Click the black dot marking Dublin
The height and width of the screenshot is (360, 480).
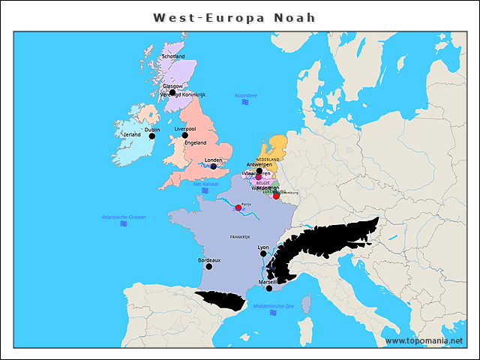(151, 136)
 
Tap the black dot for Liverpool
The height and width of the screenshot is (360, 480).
(184, 136)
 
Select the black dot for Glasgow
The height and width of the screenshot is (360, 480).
(172, 92)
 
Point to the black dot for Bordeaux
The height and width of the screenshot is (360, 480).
(208, 266)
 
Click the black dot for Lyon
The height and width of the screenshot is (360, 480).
(262, 254)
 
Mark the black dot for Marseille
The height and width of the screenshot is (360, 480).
(269, 288)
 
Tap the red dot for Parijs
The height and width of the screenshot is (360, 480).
(238, 208)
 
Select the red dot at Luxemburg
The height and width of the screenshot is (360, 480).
(276, 196)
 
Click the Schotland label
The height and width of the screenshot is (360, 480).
(173, 56)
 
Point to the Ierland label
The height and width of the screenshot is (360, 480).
(132, 135)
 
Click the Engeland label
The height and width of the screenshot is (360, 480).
(196, 142)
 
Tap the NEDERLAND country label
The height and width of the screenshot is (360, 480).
(268, 160)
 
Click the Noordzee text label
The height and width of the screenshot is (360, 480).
(245, 95)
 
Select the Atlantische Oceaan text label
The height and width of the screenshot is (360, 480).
(124, 217)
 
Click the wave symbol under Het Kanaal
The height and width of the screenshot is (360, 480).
(205, 191)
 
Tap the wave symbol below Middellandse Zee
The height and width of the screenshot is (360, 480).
(273, 313)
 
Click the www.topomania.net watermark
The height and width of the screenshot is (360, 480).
(424, 340)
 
